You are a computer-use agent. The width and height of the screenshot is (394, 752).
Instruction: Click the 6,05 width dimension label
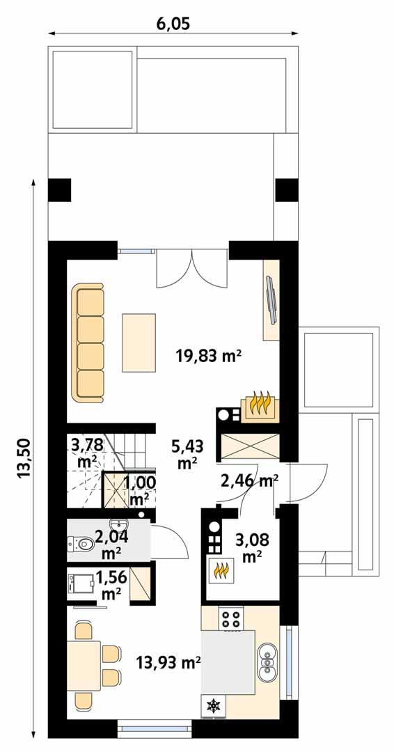click(x=173, y=23)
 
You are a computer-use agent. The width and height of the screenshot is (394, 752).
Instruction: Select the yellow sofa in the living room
click(x=88, y=343)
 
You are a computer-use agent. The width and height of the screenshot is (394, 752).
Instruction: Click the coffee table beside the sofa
click(x=139, y=343)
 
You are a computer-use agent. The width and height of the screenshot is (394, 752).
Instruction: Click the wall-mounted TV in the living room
click(x=270, y=300)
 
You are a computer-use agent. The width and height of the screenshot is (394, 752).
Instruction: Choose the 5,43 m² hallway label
click(x=184, y=452)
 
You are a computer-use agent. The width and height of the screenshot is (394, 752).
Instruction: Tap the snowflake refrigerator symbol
click(x=213, y=706)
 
